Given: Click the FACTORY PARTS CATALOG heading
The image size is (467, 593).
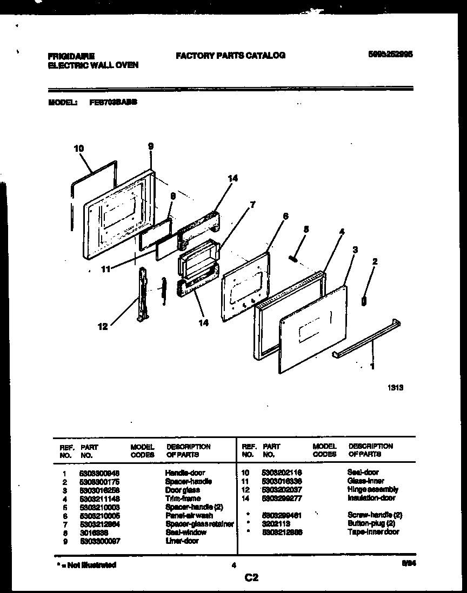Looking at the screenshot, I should pos(230,55).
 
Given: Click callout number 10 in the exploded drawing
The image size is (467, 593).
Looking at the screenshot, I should pos(79,148).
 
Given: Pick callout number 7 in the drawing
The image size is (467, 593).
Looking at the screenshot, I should pos(252,205).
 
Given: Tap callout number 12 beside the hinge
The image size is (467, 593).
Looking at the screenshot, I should pos(103,326).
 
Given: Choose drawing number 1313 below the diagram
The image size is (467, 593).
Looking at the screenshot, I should pos(396,387).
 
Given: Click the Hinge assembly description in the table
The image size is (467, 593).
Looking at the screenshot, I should pos(372,489).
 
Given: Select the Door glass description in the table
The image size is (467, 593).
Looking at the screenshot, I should pos(183,490).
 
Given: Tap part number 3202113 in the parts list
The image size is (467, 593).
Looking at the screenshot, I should pos(275,523).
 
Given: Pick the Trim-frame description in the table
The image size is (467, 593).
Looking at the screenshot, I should pos(183,498).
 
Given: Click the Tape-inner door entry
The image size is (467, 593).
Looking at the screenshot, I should pos(373,532).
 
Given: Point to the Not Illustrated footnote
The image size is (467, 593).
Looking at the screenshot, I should pos(86,565).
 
